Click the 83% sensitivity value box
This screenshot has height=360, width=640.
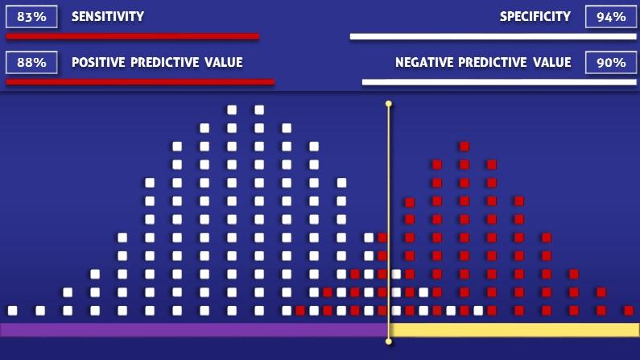(x=31, y=17)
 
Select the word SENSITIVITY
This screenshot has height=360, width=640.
(x=108, y=17)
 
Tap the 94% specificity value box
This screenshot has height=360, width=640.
(x=610, y=17)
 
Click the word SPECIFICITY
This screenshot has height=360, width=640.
(x=535, y=17)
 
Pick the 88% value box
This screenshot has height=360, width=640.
(x=31, y=63)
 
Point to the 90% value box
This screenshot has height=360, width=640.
(x=610, y=63)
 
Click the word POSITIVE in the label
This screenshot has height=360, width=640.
(x=98, y=63)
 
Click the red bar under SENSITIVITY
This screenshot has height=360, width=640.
(x=133, y=37)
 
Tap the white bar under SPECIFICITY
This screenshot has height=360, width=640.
(x=493, y=37)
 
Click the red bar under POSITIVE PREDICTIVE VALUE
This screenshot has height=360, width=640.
(x=140, y=82)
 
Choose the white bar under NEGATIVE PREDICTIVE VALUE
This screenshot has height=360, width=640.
(x=499, y=82)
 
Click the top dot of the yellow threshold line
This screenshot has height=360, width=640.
(x=389, y=104)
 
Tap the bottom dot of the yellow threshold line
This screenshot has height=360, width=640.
(x=389, y=341)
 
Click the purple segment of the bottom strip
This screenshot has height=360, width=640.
(x=194, y=329)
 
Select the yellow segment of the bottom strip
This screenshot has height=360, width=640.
(x=514, y=329)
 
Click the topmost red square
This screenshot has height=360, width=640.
(x=464, y=146)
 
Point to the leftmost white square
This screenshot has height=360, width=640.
(x=13, y=311)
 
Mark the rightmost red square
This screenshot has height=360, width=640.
(x=629, y=311)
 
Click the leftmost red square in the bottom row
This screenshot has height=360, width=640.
(x=300, y=311)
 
